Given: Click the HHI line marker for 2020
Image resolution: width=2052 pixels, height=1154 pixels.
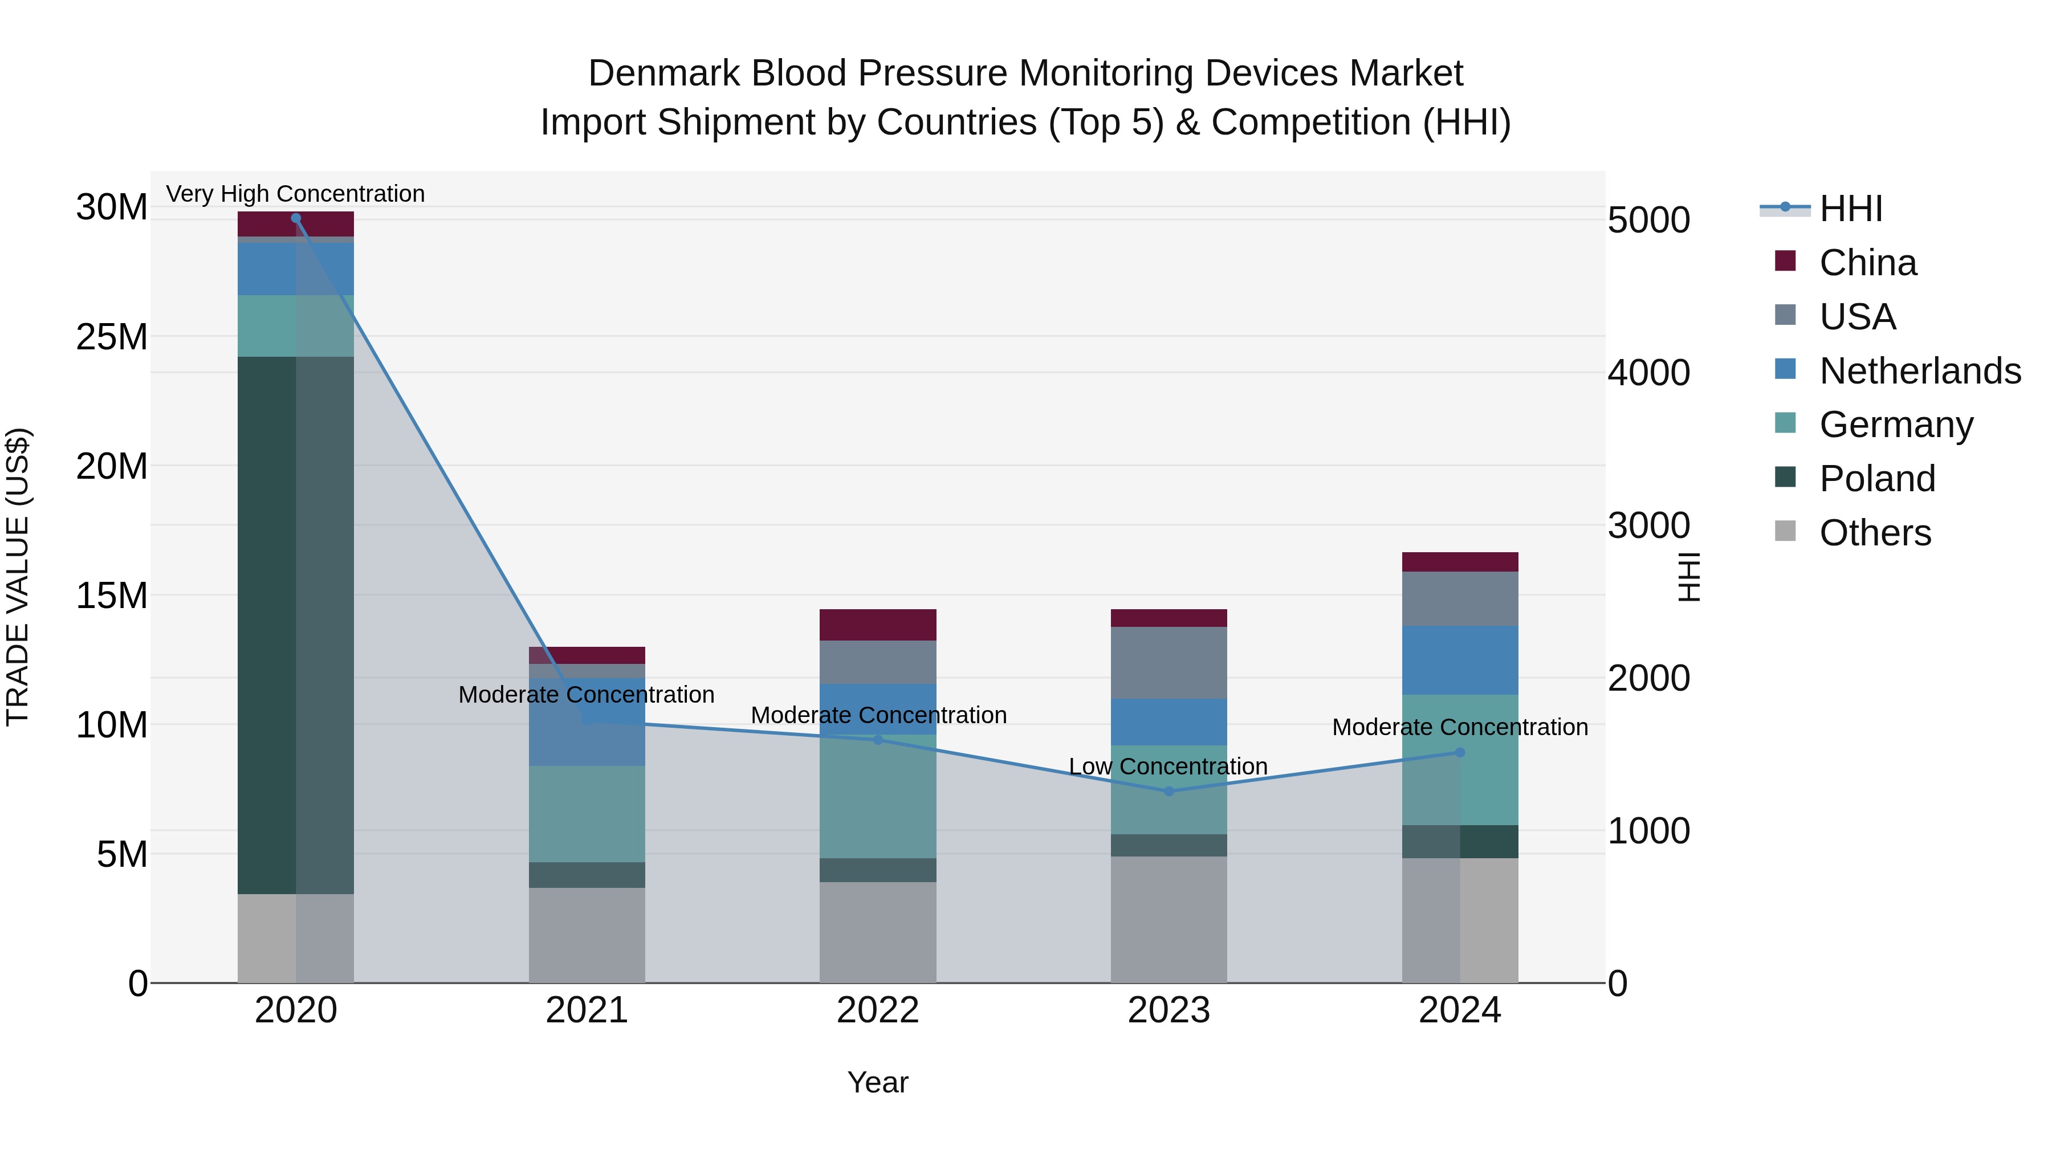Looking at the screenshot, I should point(295,218).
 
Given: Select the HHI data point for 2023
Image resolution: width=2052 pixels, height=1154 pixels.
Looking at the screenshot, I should point(1168,791).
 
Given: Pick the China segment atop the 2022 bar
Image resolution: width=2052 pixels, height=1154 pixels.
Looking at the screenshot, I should point(878,625).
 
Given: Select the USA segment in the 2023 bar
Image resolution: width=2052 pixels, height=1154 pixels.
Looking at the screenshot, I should point(1168,663).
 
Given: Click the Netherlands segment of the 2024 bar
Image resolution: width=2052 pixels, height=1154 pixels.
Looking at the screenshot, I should point(1460,660).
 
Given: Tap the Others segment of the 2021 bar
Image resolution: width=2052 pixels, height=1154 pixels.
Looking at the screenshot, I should point(587,935).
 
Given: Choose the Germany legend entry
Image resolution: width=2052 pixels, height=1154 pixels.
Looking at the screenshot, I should point(1896,425).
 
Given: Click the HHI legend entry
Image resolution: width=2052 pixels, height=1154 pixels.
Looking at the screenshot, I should point(1850,209).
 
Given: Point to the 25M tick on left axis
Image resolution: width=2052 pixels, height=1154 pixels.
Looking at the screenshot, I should point(112,337).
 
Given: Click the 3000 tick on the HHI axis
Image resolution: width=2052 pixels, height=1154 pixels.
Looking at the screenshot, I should point(1648,525).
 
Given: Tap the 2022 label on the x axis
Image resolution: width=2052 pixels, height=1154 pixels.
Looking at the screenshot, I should point(878,1010).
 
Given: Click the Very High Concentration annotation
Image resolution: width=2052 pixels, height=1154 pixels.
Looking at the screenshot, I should point(295,194).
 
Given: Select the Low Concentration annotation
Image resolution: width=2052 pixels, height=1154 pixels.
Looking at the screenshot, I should point(1168,766).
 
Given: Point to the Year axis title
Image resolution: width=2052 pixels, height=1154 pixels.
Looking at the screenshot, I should point(878,1082).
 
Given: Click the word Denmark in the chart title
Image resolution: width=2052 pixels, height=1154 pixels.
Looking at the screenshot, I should point(663,74).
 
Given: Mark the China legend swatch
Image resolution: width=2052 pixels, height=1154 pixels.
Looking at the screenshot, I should point(1785,261).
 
